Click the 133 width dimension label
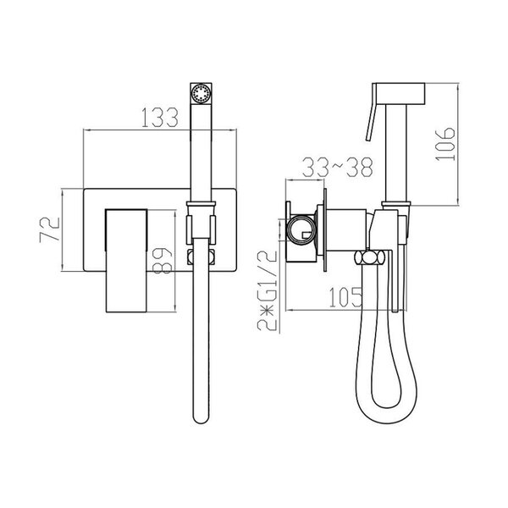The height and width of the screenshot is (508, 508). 160,117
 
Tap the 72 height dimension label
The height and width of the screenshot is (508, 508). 50,229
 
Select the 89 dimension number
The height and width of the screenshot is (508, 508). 162,261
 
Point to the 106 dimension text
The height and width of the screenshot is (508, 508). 444,144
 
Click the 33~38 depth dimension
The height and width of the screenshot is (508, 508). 338,167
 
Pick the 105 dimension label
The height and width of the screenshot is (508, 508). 345,297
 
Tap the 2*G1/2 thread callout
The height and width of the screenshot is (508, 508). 268,290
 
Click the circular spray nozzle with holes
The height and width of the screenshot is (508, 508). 201,94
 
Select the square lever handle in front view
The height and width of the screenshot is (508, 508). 126,261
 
